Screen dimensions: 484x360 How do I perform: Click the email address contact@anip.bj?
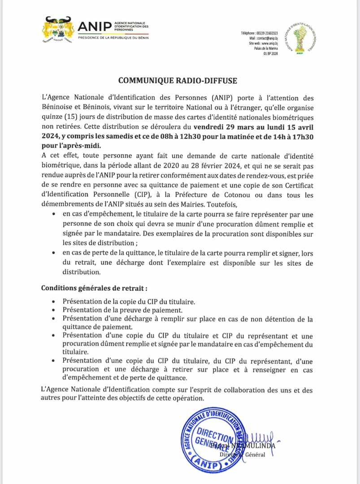(x=268, y=39)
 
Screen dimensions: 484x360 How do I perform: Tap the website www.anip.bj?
(x=268, y=43)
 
